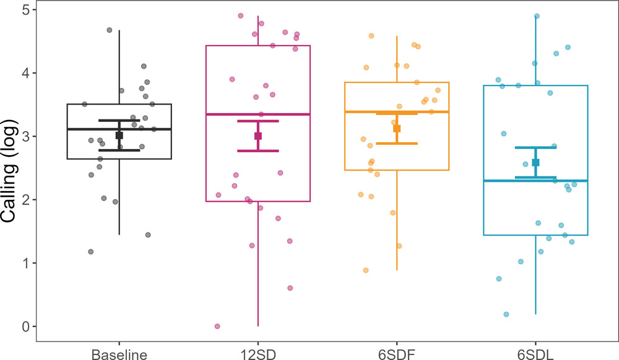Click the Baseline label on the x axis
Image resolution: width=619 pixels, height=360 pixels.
[119, 354]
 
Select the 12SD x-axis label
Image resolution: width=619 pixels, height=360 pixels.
[258, 354]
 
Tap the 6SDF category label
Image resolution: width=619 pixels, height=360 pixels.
[397, 354]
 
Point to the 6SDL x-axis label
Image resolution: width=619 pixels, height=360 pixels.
[535, 354]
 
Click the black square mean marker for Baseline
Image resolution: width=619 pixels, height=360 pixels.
[119, 135]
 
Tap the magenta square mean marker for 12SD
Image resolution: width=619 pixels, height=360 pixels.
[258, 136]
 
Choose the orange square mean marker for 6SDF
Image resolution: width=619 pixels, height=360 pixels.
[397, 129]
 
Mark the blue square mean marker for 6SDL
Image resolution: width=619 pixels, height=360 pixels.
[535, 162]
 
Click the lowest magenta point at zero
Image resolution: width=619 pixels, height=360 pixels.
[217, 326]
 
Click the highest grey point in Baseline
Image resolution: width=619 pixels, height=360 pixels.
[110, 30]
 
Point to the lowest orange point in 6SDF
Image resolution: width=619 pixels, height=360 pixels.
[366, 270]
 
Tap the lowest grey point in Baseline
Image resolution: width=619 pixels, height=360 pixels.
[91, 252]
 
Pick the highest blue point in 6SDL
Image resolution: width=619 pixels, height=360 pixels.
[537, 16]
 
